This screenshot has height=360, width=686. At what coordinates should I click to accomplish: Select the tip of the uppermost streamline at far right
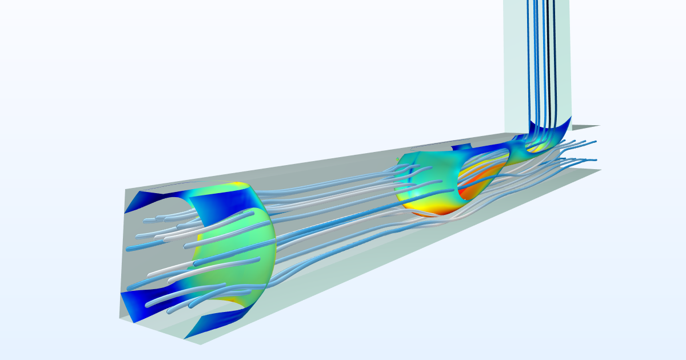[596, 140]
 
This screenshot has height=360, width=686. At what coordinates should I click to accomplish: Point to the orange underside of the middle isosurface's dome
[434, 211]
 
